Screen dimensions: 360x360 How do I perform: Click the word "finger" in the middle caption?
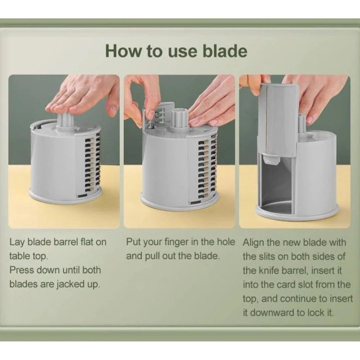(171, 242)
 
